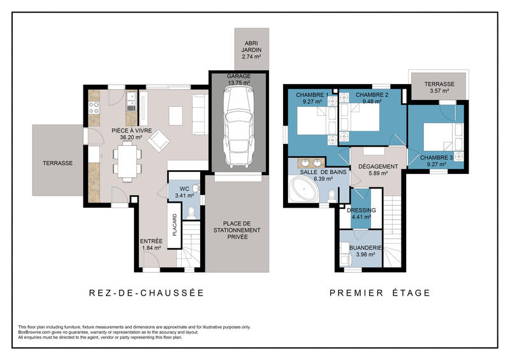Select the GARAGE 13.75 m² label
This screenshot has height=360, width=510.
pos(238,79)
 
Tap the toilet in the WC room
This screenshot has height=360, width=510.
pos(196,188)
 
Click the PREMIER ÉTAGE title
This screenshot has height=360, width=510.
pos(379,293)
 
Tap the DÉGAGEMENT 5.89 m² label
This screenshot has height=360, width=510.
pos(378,170)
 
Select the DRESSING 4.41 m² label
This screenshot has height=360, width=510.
pos(361,214)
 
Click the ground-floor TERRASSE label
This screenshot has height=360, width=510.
pos(57,163)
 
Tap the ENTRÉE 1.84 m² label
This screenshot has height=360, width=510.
pos(151,244)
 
